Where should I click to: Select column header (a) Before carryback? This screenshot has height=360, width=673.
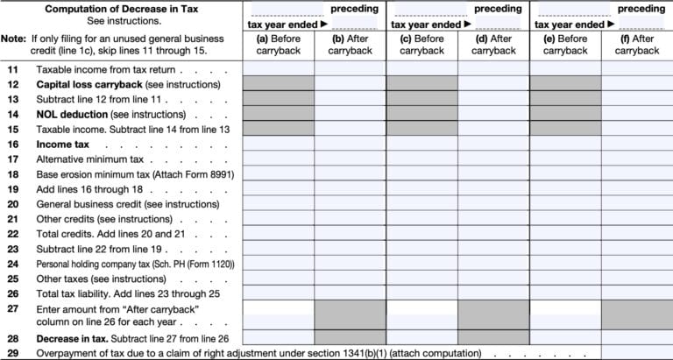coord(278,45)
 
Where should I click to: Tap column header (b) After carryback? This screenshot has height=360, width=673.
coord(350,45)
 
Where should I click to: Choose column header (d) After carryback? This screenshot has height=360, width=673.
coord(493,45)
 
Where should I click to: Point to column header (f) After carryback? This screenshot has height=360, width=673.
coord(636,45)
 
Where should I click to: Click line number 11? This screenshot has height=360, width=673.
coord(12,68)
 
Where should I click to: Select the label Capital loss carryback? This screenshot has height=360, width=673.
coord(79,84)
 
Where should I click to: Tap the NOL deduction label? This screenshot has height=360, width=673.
coord(72,115)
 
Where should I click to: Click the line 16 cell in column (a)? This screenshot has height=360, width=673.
coord(278,144)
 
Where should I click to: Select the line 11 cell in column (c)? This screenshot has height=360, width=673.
coord(422,68)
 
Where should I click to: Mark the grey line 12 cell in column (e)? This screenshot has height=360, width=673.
coord(564,84)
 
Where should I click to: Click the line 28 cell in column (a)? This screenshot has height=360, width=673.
coord(278,337)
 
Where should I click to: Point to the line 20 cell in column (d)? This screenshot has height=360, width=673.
coord(493,203)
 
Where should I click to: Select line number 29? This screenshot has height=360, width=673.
coord(12,352)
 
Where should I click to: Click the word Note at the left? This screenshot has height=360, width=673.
coord(13,39)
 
